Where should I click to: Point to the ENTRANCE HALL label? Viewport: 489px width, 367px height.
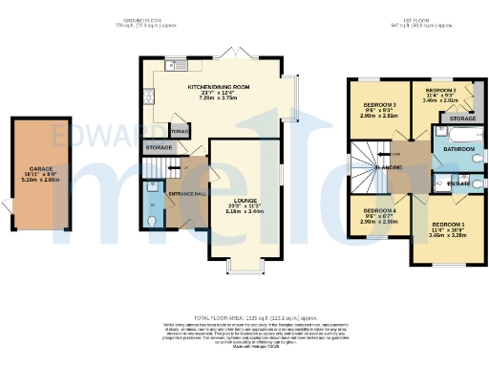coord(187,195)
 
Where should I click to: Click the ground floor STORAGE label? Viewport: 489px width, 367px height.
coord(159,148)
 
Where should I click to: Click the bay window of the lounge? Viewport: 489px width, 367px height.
coord(244,269)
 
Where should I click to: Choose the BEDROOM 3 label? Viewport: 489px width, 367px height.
coord(379,103)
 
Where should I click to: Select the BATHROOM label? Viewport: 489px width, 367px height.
coord(459,149)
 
